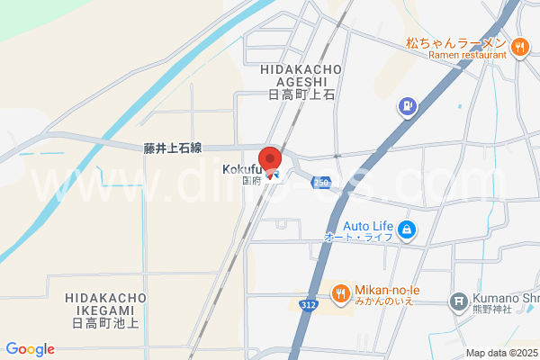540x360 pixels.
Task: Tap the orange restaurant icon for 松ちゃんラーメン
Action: (x=519, y=47)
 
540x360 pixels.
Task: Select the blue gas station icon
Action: (x=408, y=107)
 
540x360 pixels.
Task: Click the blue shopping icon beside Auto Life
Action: (x=408, y=230)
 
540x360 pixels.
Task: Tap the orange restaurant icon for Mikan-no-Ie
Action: (x=340, y=292)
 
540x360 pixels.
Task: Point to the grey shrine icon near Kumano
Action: (x=459, y=299)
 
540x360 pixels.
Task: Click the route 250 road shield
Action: (x=321, y=183)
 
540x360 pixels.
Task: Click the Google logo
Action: (x=30, y=349)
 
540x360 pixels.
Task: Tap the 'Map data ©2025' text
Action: (x=501, y=353)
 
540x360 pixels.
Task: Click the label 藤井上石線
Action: (x=173, y=148)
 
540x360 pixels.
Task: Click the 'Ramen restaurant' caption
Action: (x=469, y=56)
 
